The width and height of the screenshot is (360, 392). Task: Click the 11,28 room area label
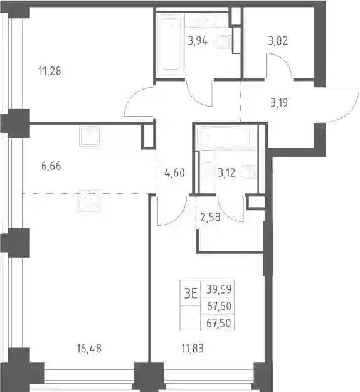50,71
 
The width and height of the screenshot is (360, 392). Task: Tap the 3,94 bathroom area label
198,41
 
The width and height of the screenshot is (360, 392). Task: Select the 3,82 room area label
278,41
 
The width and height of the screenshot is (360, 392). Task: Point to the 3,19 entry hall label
279,102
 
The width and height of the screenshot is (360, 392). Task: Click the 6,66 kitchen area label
51,166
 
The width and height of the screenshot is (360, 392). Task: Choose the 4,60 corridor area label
175,172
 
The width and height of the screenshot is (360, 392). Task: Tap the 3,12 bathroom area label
226,172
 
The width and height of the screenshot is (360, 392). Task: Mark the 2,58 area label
210,217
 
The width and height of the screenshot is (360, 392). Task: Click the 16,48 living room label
89,349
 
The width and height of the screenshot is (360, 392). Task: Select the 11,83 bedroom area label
193,349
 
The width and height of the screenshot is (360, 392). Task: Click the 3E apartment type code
191,294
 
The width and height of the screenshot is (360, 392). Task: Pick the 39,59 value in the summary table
219,289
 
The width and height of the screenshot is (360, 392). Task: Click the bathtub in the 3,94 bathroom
171,45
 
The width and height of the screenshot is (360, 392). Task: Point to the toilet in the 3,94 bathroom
223,42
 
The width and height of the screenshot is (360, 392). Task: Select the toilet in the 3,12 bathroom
249,172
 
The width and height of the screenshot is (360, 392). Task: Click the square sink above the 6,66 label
89,135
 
